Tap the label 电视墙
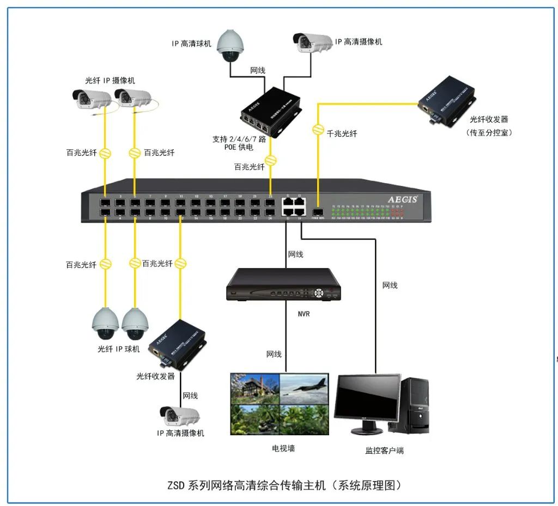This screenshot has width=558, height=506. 283,448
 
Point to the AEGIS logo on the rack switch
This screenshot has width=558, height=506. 402,199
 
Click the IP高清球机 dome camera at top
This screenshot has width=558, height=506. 230,46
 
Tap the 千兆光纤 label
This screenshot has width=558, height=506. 342,133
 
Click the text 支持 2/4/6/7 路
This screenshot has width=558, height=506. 239,139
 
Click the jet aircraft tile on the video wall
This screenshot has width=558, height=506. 305,387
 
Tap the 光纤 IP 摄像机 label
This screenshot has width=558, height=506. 110,81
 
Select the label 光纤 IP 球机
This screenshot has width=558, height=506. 119,349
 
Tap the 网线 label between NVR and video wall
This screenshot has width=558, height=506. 274,355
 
